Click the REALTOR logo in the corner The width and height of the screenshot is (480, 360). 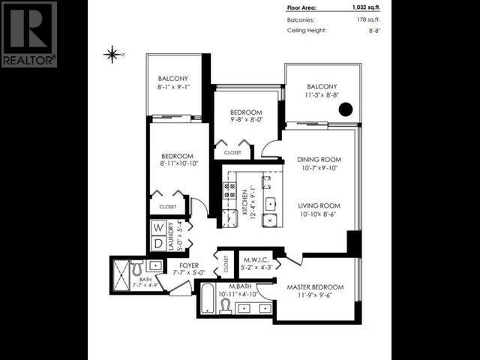click(29, 34)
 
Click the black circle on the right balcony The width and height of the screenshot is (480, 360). click(345, 109)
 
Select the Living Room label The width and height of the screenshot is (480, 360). click(320, 205)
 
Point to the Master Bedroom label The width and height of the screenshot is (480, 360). click(315, 287)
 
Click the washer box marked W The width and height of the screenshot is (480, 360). click(158, 227)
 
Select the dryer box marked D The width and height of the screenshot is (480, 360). click(158, 243)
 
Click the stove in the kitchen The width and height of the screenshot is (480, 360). click(229, 189)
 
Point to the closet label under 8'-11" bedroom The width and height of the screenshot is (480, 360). click(168, 206)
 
